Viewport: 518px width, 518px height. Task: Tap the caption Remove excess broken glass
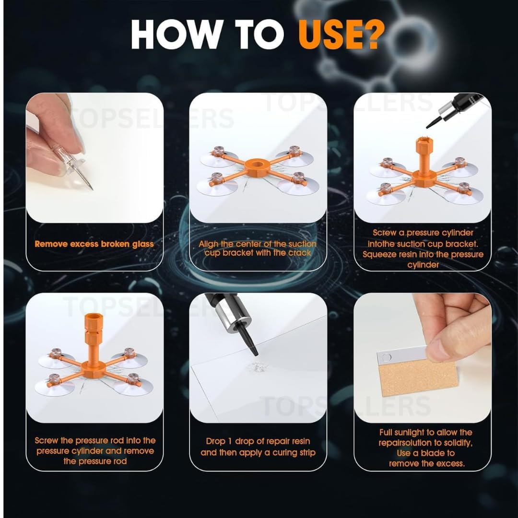[x=94, y=244]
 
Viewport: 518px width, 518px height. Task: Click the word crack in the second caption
[x=298, y=253]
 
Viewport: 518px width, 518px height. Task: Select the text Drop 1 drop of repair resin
[x=258, y=441]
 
